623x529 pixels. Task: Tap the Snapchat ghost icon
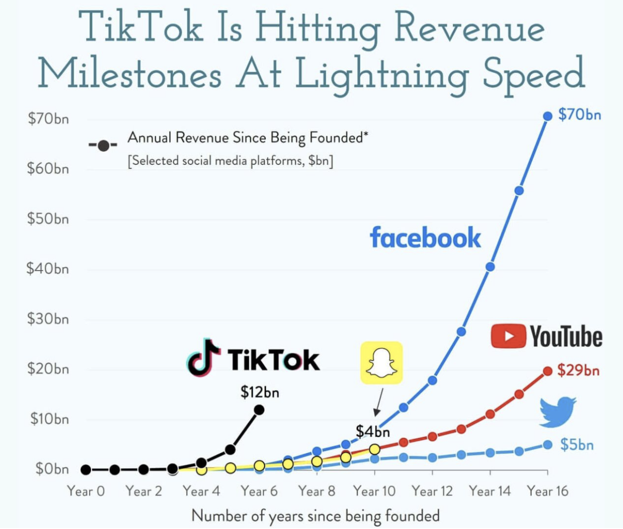[x=381, y=363]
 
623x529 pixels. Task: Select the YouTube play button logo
[x=508, y=336]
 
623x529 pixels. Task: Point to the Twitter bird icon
[x=558, y=411]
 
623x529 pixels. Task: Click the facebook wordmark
[x=425, y=237]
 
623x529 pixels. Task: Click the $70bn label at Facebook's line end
[x=579, y=115]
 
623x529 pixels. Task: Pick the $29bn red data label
[x=578, y=371]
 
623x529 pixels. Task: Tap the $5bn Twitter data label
[x=577, y=445]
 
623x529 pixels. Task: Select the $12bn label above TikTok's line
[x=260, y=392]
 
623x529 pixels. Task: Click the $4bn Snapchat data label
[x=372, y=431]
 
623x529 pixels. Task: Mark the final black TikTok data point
[x=259, y=410]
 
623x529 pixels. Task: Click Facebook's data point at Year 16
[x=548, y=116]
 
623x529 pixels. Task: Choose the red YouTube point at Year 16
[x=548, y=372]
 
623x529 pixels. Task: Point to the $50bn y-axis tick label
[x=48, y=219]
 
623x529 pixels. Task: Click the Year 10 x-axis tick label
[x=374, y=491]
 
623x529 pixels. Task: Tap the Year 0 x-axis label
[x=86, y=491]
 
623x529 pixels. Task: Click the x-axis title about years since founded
[x=316, y=516]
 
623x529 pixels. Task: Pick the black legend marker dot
[x=103, y=146]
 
